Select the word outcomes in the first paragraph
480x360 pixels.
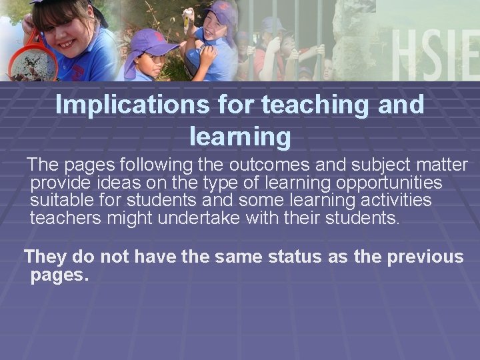pyautogui.click(x=253, y=165)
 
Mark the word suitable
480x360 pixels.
pyautogui.click(x=60, y=200)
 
